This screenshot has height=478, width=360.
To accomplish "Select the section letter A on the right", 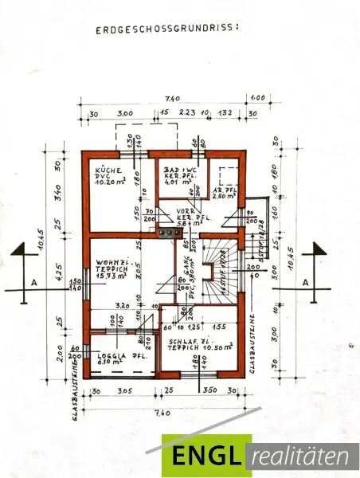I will [x=306, y=282].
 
